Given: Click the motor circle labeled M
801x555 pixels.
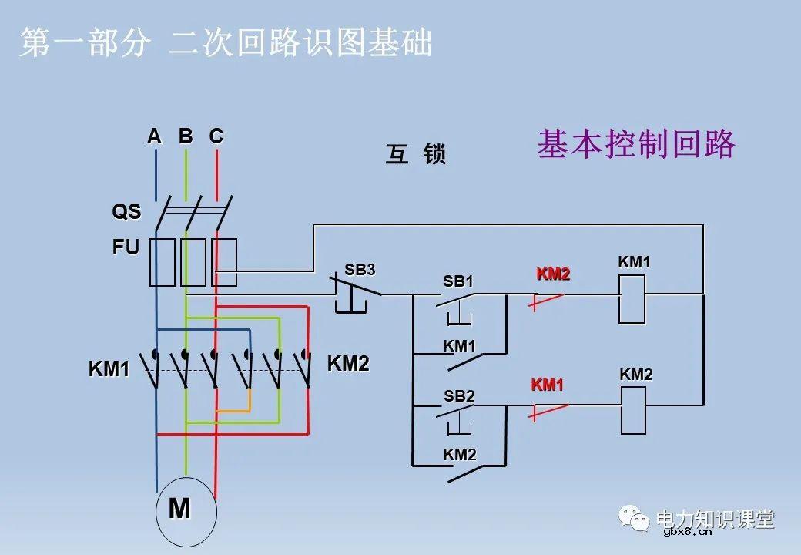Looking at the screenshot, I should pos(186,511).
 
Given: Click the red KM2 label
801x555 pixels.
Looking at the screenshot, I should pos(553,274).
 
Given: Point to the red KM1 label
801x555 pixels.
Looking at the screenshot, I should pos(548,385).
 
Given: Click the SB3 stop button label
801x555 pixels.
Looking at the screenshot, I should pos(360,270).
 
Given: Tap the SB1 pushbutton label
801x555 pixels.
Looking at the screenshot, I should pos(458,282).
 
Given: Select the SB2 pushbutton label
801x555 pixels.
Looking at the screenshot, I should pos(459,396).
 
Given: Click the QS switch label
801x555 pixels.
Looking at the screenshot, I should pos(127,211).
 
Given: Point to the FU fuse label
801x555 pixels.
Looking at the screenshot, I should pos(126,247).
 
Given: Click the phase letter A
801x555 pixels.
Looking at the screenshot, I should pos(154,136).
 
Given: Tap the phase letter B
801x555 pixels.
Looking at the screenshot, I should pos(186,136).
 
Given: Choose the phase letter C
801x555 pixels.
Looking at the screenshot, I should pos(216,136).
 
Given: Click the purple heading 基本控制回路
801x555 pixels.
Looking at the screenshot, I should pos(636,144).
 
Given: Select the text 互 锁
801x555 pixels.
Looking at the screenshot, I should pos(416,155).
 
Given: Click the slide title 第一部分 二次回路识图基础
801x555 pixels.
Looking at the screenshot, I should pos(226,43).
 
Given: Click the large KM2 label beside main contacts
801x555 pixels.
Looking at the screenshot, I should pos(348,364).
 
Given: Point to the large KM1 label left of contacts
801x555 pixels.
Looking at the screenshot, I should pos(109,369).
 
